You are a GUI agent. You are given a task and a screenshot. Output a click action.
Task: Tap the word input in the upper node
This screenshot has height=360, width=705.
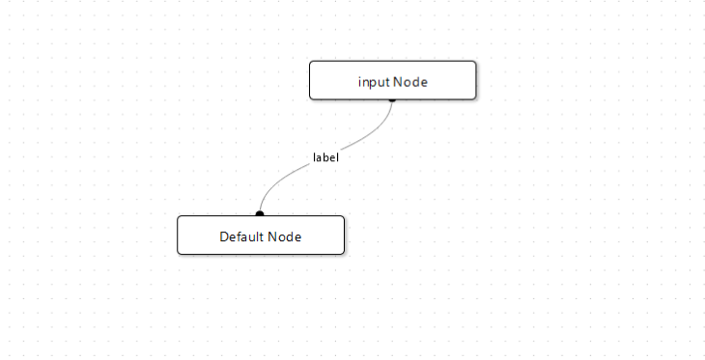click(374, 82)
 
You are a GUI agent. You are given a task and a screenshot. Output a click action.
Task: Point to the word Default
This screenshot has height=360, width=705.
click(241, 236)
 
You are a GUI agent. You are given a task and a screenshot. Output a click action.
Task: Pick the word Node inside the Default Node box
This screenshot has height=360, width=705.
click(285, 236)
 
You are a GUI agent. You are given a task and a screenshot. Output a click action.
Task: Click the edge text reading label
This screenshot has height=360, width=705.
click(325, 156)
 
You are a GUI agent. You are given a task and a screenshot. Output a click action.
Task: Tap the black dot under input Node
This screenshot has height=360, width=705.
click(392, 98)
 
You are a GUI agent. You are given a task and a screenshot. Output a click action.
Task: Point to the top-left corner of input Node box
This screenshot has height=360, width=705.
click(311, 63)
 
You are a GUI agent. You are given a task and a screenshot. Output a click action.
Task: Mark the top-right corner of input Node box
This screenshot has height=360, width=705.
click(475, 63)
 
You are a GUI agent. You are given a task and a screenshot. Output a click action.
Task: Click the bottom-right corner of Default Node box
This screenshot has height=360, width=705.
click(343, 253)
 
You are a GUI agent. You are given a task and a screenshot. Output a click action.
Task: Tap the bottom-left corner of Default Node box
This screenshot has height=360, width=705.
click(179, 253)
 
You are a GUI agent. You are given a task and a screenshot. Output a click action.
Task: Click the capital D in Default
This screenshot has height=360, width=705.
click(224, 236)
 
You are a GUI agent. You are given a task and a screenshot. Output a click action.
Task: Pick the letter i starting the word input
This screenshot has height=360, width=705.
click(360, 82)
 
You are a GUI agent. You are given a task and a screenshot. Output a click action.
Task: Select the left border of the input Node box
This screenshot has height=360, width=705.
click(310, 80)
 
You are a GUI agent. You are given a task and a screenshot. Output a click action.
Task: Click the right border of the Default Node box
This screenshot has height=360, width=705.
click(344, 235)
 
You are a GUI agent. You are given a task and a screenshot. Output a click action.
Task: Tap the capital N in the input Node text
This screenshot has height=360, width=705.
click(397, 82)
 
